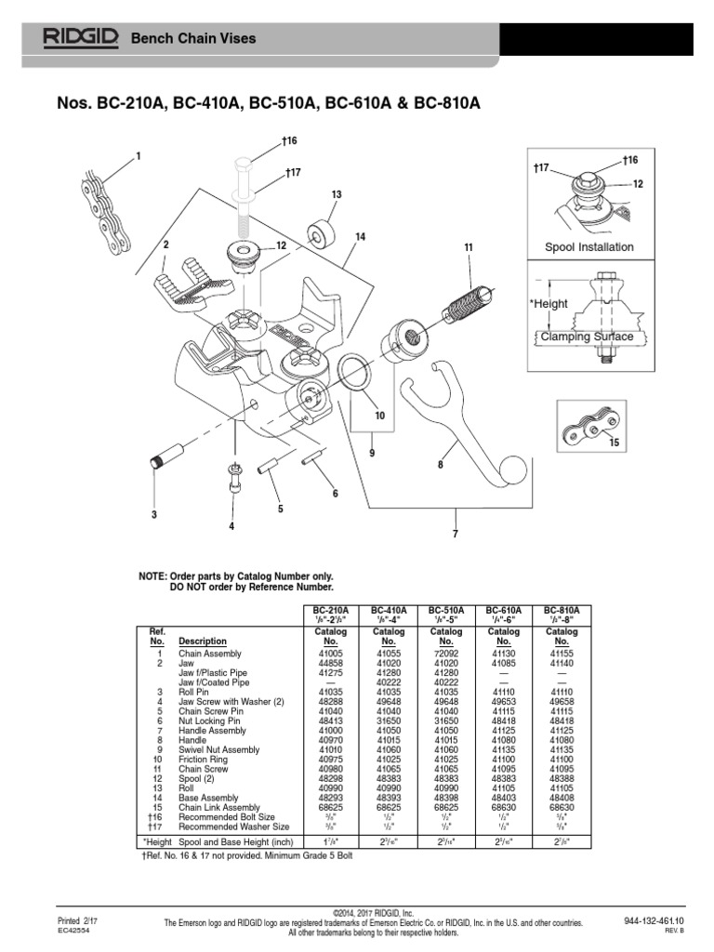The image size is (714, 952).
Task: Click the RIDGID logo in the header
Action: coord(80,38)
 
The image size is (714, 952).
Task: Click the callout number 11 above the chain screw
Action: coord(469,246)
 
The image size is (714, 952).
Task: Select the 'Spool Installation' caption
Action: coord(589,247)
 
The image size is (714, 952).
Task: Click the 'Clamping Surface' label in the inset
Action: coord(588,337)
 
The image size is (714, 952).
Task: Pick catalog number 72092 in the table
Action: coord(446,654)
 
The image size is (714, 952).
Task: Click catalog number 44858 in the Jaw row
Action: coord(331,664)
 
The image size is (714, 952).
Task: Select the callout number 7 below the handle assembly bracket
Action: coord(456,534)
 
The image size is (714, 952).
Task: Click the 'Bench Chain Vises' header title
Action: coord(192,38)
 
